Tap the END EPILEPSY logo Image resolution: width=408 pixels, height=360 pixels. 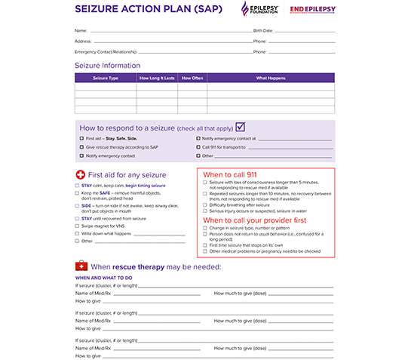[313, 10]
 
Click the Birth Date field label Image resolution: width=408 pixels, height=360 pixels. [263, 30]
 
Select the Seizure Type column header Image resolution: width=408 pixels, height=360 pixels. [106, 78]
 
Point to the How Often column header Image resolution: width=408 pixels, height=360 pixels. [192, 78]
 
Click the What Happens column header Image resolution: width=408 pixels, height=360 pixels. [270, 78]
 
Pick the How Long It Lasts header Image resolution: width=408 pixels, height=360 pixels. [157, 78]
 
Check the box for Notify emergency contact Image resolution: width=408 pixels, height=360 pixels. [82, 155]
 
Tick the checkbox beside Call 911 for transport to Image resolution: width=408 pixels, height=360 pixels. [198, 147]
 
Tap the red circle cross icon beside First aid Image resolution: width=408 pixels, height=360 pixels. [81, 174]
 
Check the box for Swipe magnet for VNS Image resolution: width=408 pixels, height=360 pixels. [77, 226]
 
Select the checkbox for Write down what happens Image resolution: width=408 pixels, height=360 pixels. [77, 233]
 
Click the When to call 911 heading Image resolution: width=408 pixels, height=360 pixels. [230, 174]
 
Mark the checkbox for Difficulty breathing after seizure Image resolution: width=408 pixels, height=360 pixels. [205, 205]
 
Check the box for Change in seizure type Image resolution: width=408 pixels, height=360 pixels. [205, 228]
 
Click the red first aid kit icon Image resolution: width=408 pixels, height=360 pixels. [81, 266]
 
